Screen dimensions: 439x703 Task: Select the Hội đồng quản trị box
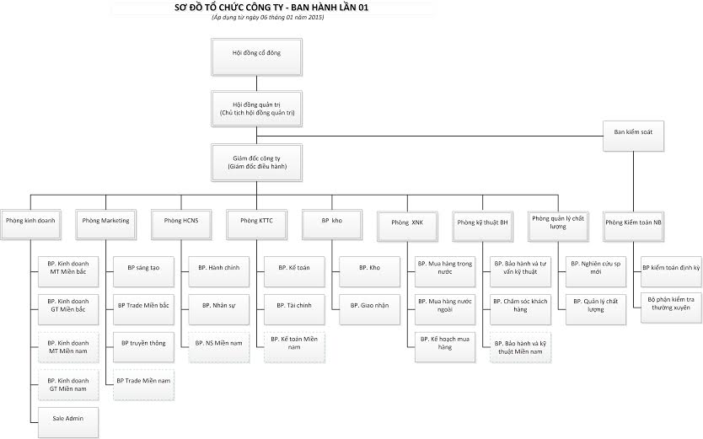(256, 106)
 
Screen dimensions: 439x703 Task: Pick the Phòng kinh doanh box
(30, 222)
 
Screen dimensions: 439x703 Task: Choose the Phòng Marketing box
(106, 221)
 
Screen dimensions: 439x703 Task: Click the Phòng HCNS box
(180, 221)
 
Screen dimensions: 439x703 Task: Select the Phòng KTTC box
(256, 221)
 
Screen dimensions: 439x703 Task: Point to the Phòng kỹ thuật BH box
(482, 222)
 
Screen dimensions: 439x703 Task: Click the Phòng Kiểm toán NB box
(634, 222)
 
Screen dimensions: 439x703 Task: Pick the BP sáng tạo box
(143, 268)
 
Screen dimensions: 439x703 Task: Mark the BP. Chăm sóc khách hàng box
(521, 306)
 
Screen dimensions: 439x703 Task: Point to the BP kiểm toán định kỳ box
(671, 268)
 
